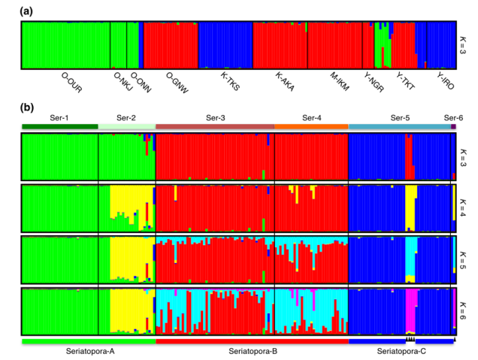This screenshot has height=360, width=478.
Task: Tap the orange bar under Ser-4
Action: pos(311,127)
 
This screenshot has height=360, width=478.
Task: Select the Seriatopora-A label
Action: pos(89,350)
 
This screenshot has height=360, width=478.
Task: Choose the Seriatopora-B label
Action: pos(252,350)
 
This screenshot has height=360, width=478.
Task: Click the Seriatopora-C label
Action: pos(401,350)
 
